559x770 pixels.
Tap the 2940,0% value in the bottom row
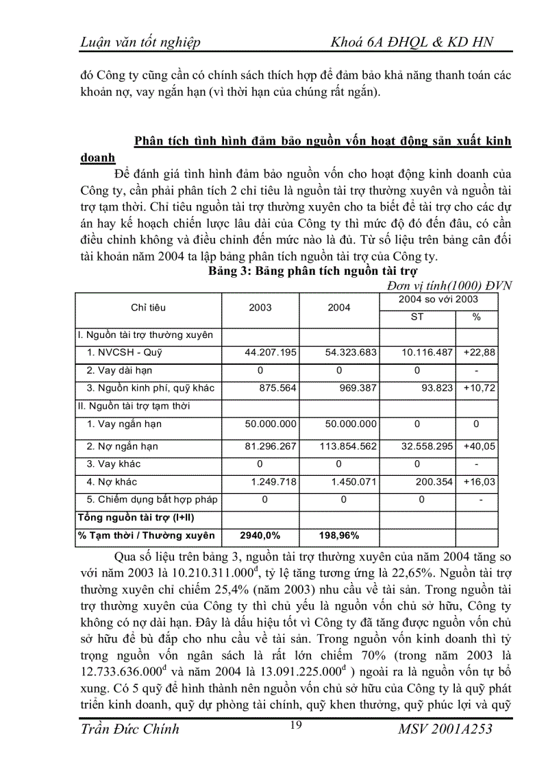point(259,535)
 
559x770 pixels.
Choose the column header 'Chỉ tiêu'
point(148,308)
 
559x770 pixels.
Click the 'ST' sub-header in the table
point(417,317)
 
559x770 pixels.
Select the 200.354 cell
point(432,482)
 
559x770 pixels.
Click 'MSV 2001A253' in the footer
point(445,729)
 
